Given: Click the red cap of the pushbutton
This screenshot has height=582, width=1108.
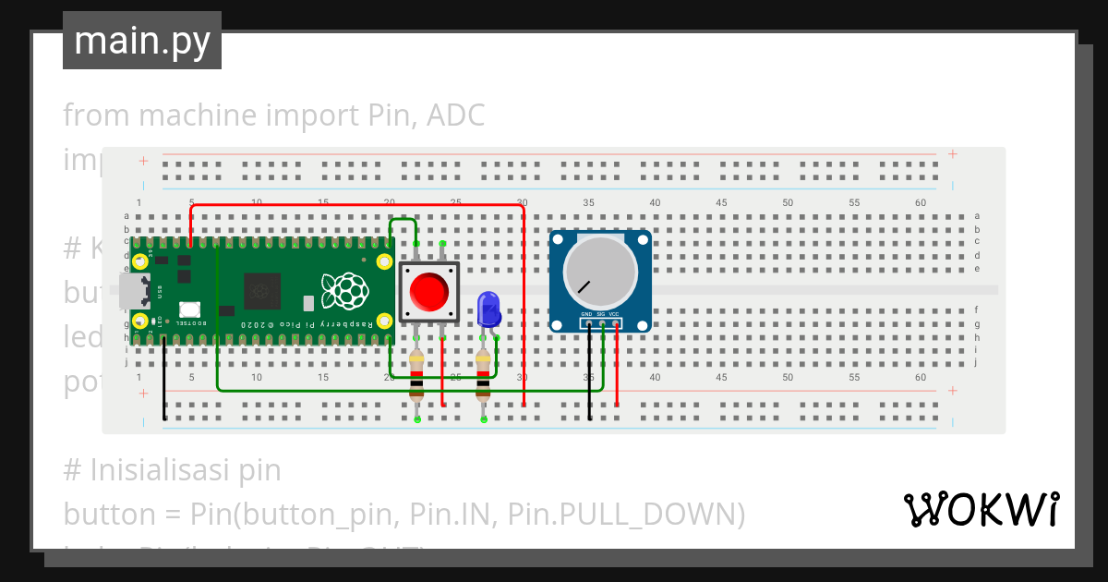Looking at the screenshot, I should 428,292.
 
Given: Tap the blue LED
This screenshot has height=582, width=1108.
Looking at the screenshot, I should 488,309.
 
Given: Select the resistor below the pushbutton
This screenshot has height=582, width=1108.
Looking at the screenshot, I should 416,374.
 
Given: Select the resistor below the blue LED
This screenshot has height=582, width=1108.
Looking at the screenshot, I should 482,374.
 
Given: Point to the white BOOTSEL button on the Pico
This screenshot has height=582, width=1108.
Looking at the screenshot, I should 190,309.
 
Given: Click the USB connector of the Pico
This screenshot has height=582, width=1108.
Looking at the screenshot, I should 134,291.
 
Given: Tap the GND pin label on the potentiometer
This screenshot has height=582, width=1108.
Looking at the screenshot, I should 586,315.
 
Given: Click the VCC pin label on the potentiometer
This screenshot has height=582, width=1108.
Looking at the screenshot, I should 614,315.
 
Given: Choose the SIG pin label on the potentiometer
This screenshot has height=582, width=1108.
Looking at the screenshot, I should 600,315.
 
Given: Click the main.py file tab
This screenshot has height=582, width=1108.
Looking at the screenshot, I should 142,41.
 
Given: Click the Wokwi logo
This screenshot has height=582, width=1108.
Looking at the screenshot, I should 981,509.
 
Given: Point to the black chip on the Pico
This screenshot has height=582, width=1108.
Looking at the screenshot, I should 260,292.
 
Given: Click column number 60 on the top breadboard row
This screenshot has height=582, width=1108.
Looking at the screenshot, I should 920,202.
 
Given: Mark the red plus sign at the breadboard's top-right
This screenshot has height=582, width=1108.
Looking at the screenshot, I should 952,154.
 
